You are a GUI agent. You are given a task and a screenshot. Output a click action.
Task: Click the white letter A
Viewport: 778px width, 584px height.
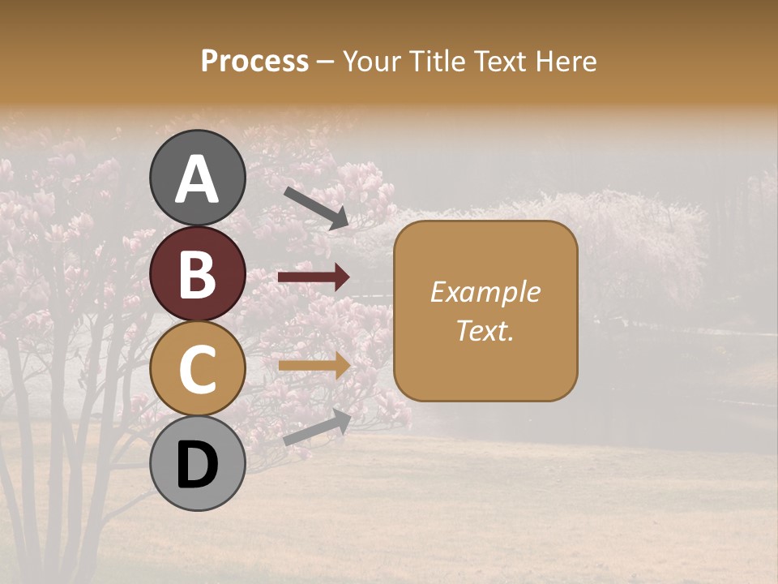tap(197, 179)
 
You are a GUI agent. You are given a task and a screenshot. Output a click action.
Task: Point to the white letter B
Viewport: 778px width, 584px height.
tap(197, 274)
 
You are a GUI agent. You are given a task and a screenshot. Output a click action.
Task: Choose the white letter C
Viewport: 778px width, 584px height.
tap(197, 369)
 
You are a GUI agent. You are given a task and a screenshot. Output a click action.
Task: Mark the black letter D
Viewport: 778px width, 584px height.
tap(197, 465)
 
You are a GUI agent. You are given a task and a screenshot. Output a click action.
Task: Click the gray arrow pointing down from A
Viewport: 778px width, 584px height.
tap(316, 207)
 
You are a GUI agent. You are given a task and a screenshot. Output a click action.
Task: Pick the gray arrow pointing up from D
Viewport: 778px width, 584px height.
tap(317, 427)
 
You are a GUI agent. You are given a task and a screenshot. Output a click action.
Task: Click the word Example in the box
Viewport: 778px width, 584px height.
tap(485, 292)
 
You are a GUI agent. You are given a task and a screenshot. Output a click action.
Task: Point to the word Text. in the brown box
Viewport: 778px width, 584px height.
tap(485, 330)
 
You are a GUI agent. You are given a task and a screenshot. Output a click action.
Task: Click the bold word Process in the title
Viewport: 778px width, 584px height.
tap(254, 61)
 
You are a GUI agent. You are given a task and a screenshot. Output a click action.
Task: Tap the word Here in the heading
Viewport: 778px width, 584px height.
tap(567, 61)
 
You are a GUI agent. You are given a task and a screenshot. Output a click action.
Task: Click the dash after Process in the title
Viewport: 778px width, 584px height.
tap(325, 62)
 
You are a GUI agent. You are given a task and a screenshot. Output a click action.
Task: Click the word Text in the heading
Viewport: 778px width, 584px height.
tap(500, 61)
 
